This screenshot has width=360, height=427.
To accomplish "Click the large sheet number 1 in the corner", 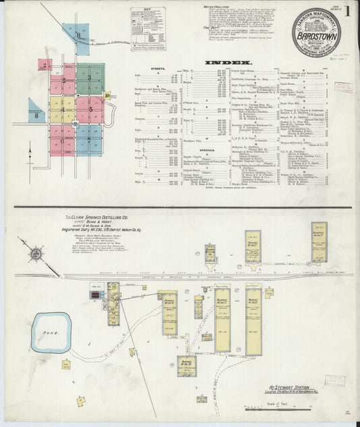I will tap(348, 11).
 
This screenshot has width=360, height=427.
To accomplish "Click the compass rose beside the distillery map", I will tap(36, 255).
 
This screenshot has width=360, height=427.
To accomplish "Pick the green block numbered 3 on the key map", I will tap(91, 78).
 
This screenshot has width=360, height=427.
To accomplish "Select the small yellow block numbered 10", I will tap(107, 95).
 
